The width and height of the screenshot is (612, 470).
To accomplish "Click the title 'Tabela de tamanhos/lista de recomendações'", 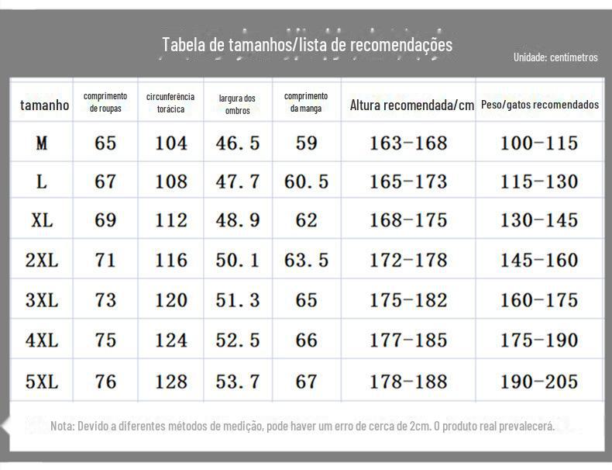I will [307, 44].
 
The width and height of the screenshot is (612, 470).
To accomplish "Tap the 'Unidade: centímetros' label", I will [555, 57].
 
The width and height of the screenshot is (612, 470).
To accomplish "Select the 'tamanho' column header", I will [44, 105].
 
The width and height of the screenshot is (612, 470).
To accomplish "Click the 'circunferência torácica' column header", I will [170, 103].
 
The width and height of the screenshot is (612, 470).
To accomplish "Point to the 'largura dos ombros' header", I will [237, 105].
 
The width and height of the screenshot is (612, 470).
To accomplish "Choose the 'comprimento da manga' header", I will [306, 102].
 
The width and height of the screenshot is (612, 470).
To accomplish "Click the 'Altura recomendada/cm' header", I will [411, 105].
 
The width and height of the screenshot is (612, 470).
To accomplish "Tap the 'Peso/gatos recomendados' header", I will [539, 105].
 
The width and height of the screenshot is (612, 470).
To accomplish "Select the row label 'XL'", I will [42, 220].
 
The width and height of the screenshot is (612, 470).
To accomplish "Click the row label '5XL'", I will [42, 382].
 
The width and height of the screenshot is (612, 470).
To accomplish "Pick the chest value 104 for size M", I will [170, 143].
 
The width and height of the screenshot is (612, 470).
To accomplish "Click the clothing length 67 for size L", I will [105, 182].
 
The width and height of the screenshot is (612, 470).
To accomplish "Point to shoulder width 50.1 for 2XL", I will [238, 261].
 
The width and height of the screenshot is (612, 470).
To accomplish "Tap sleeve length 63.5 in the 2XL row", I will [306, 261].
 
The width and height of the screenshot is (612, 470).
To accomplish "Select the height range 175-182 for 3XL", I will [408, 300].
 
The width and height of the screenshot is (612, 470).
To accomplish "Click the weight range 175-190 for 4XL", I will [539, 340].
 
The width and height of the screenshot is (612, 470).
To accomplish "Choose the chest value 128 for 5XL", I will [170, 382].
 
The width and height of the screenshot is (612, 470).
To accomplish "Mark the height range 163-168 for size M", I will [408, 143].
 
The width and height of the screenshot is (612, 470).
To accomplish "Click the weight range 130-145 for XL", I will [539, 220].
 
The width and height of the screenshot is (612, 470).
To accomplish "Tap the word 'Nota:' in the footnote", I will [62, 427].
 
